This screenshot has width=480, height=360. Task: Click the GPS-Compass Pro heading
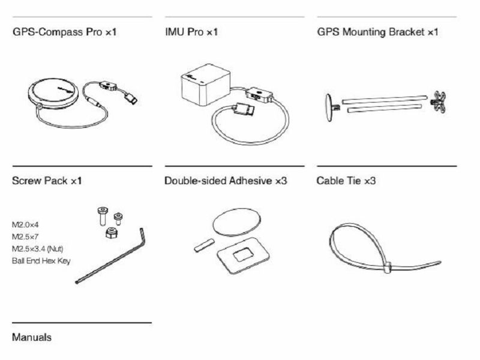tap(64, 32)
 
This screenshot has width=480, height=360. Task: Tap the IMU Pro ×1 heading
tap(191, 32)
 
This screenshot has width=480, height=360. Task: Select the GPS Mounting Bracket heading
tap(377, 32)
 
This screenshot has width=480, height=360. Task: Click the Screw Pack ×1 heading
tap(47, 181)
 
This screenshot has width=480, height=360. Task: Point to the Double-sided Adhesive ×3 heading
tap(226, 181)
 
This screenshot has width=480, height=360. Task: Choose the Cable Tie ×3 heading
tap(346, 181)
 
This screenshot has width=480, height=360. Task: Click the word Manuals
tap(32, 337)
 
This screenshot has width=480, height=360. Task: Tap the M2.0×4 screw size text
tap(25, 224)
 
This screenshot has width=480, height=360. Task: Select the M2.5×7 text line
tap(25, 236)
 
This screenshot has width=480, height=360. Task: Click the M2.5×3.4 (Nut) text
tap(38, 248)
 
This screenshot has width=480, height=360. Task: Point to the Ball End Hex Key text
tap(41, 261)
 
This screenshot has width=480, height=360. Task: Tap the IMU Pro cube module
tap(206, 84)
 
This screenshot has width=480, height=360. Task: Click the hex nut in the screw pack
tap(112, 233)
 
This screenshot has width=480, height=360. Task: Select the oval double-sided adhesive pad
tap(237, 222)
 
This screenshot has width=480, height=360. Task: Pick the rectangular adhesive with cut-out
tap(243, 256)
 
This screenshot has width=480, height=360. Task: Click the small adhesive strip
tap(204, 245)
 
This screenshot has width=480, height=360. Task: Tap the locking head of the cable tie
tap(387, 267)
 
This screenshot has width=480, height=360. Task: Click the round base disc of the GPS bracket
tap(329, 107)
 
